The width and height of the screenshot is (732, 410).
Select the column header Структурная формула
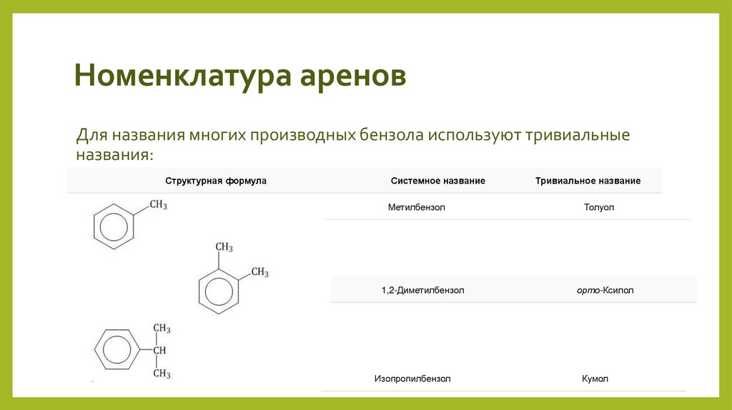point(216,181)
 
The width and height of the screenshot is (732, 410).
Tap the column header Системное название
point(438,181)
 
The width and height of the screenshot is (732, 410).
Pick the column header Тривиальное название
point(588,181)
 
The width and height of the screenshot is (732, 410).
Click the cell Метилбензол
point(417,207)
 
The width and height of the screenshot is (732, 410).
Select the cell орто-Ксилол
point(605,291)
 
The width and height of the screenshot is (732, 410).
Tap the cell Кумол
point(595,379)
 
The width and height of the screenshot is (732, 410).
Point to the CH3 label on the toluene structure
point(159,206)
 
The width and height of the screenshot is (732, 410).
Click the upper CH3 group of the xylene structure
point(224,247)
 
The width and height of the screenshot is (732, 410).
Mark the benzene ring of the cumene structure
point(114,350)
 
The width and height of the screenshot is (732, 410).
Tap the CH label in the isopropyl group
point(160,350)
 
